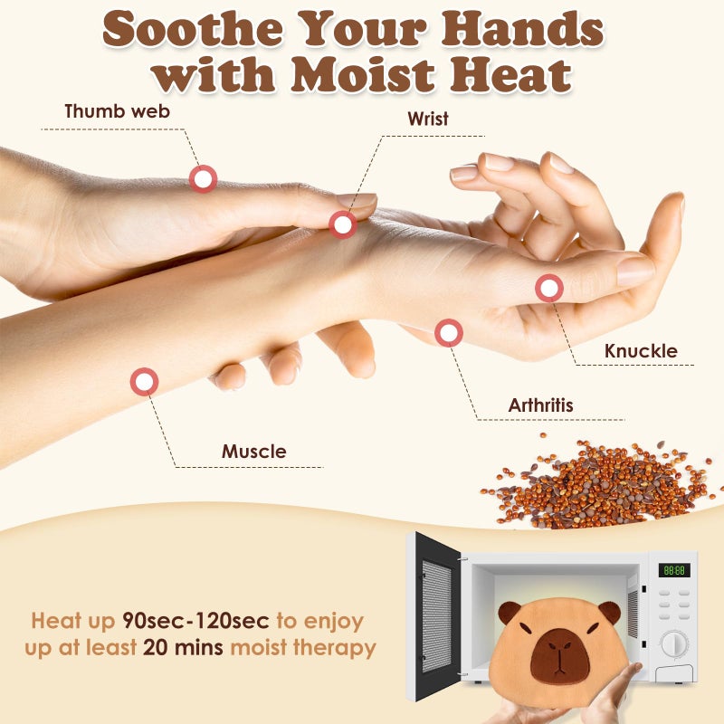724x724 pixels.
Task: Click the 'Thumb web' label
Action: [x=118, y=111]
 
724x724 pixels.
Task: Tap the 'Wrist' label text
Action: [x=427, y=119]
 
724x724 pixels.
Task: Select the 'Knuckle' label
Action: [x=641, y=351]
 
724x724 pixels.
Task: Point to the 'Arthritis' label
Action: [x=540, y=405]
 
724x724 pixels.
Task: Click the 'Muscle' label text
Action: [x=254, y=451]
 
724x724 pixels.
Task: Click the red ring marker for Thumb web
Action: [x=203, y=178]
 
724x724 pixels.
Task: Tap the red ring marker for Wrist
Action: [x=343, y=224]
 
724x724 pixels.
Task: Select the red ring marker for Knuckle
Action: [x=549, y=288]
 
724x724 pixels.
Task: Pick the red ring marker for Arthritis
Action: [x=448, y=332]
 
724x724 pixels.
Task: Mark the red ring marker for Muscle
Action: [x=144, y=381]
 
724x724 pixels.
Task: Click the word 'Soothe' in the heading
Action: [x=193, y=29]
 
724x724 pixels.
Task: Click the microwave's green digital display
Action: [x=674, y=570]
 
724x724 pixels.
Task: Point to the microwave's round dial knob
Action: [x=674, y=644]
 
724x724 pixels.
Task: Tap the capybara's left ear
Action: [x=509, y=612]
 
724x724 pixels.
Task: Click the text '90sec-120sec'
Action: [x=195, y=621]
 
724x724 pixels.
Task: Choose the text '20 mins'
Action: [x=183, y=647]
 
